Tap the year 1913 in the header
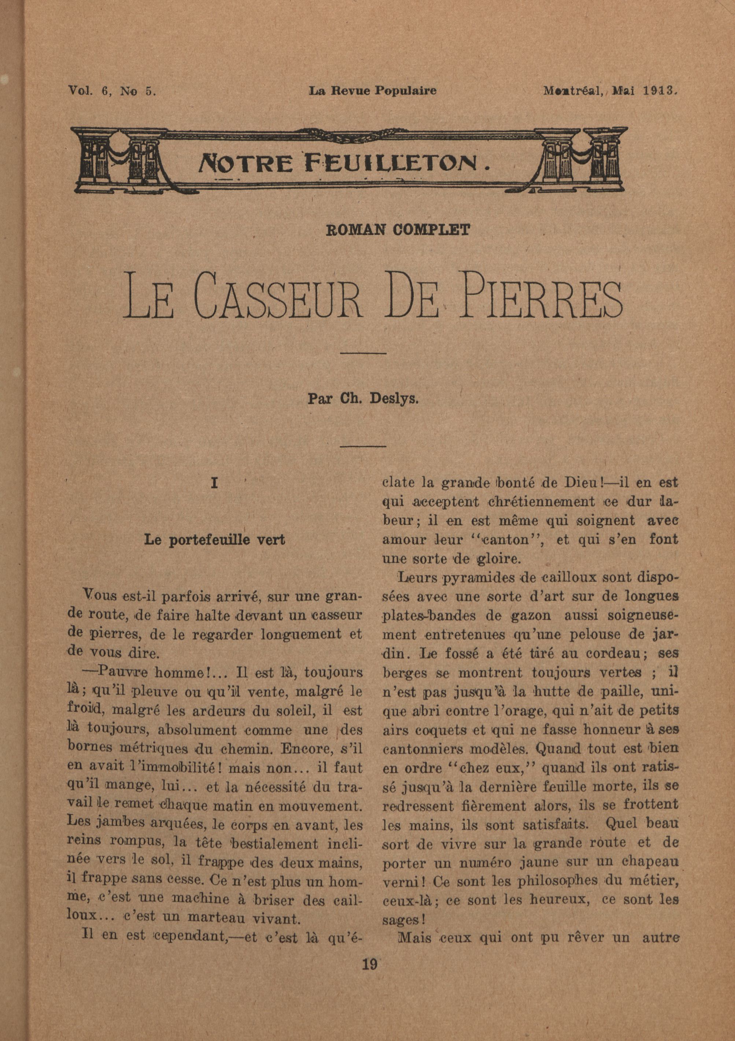point(660,91)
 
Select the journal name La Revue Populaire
point(372,91)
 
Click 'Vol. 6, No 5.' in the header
point(112,91)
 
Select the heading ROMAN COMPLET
point(398,230)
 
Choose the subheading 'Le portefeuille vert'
point(214,540)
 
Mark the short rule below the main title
point(362,353)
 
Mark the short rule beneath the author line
point(362,446)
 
